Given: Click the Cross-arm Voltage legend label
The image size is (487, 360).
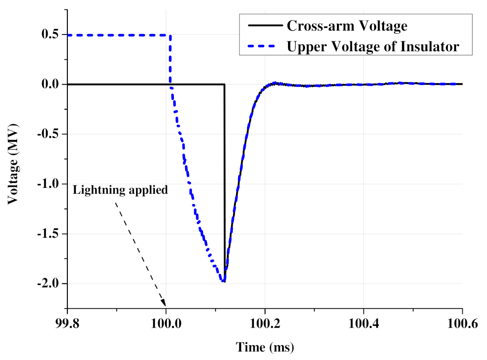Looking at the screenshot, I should [x=347, y=26].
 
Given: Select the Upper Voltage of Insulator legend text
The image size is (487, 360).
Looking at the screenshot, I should [x=373, y=46].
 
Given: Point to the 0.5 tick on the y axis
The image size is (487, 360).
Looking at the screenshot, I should [x=50, y=35].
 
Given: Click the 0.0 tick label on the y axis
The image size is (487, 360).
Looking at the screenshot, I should [x=50, y=84].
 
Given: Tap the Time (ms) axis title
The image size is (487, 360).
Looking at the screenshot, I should [x=265, y=347].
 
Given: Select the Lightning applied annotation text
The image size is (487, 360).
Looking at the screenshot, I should [x=120, y=190].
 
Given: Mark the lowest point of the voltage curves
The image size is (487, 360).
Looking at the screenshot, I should [x=223, y=282].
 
